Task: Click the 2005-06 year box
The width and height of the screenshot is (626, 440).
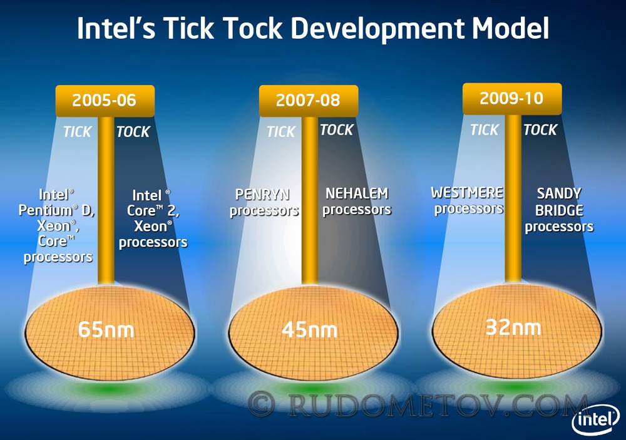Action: tap(105, 101)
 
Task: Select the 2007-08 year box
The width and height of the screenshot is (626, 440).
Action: tap(309, 101)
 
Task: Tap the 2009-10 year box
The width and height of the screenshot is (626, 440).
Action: tap(512, 99)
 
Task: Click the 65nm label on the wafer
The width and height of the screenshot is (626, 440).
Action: tap(106, 330)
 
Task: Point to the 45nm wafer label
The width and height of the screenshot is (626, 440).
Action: tap(310, 330)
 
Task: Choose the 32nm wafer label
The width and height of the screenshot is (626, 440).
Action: tap(513, 327)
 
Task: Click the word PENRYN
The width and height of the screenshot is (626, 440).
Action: tap(262, 195)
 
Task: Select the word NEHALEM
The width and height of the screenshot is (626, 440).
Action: tap(357, 193)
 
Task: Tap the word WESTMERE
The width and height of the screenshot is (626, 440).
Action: tap(467, 193)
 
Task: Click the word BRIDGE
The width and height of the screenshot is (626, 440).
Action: tap(559, 210)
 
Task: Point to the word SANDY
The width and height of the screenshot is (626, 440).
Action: tap(559, 193)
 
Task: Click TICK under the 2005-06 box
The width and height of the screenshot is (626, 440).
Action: tap(78, 132)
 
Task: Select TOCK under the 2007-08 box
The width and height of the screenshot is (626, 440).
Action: tap(337, 130)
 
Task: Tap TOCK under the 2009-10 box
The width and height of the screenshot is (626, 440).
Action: tap(540, 130)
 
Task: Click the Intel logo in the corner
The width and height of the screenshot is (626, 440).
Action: tap(595, 421)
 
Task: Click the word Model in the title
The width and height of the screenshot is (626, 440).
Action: tap(511, 28)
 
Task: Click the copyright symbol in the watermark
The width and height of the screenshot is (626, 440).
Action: tap(261, 404)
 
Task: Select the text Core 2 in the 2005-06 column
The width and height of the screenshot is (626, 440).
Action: tap(153, 211)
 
